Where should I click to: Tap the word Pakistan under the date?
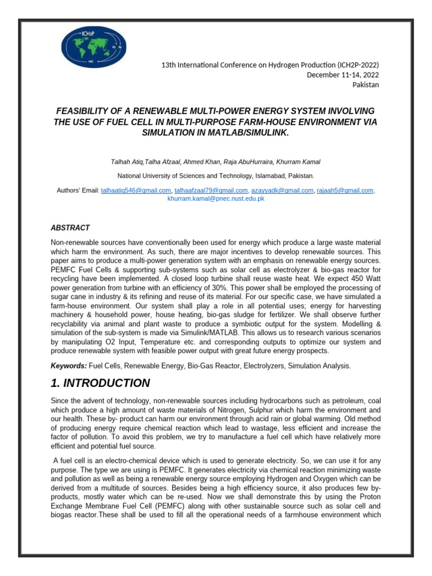(366, 85)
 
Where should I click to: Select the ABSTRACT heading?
(70, 228)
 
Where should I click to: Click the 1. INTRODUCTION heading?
(101, 384)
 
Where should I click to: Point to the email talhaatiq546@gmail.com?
(136, 191)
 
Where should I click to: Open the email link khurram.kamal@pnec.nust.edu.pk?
(216, 199)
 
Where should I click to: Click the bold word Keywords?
(69, 366)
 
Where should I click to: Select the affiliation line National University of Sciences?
(215, 176)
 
